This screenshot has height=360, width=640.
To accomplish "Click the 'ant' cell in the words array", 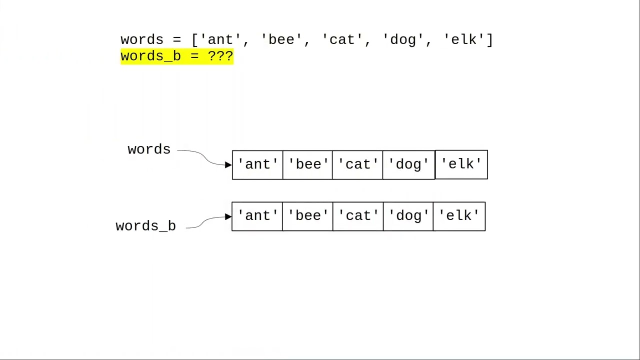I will click(257, 164).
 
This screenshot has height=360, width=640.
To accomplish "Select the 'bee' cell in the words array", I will click(307, 164).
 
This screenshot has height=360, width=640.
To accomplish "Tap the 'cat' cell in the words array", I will click(357, 164).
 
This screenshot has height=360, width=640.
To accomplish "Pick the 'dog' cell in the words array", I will click(408, 164).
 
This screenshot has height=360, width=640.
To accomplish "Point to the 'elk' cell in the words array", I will click(461, 164).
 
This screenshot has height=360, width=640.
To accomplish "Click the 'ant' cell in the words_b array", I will click(257, 216).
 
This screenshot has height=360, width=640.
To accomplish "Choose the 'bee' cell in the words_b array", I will click(307, 216).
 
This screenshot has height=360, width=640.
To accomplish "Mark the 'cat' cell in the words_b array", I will click(358, 216).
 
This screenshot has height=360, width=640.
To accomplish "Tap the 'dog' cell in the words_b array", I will click(408, 216).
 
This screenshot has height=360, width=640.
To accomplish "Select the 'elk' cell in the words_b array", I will click(459, 216).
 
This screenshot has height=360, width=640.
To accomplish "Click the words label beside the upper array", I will click(149, 149).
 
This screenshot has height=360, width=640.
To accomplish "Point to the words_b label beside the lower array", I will click(145, 226).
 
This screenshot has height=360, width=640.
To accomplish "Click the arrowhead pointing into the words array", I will click(228, 164).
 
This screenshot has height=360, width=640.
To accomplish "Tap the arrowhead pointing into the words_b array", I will click(228, 216).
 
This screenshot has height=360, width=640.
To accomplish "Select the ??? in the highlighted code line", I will click(220, 56).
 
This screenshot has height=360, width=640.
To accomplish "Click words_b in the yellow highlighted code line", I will click(150, 56).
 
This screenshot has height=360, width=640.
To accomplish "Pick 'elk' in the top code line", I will click(464, 39).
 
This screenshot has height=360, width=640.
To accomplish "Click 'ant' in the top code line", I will click(220, 39).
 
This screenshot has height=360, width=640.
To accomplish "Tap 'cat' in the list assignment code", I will click(342, 39).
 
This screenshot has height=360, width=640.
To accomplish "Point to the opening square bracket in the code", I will click(195, 39).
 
